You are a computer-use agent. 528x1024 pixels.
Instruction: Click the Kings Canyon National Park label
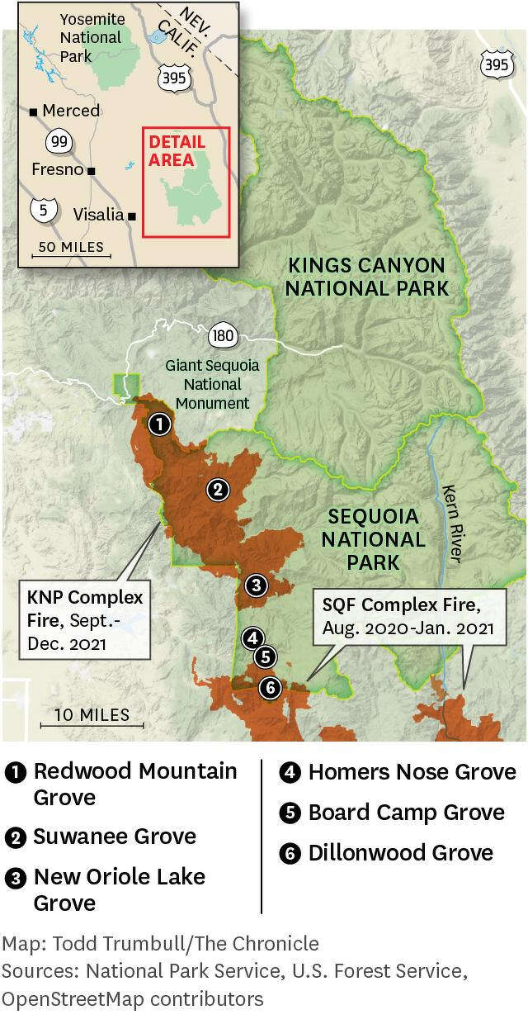[367, 277]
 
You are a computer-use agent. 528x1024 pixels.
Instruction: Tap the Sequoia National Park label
[373, 540]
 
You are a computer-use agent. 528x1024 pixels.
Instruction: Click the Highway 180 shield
[223, 335]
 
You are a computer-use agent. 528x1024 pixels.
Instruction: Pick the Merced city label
[70, 111]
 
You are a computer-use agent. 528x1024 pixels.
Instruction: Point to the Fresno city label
[57, 169]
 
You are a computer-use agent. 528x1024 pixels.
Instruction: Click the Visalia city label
[99, 215]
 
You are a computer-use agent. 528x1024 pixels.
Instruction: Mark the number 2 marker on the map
[217, 490]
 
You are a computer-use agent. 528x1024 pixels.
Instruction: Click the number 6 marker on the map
[269, 687]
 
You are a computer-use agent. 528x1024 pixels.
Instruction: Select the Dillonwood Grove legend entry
[400, 853]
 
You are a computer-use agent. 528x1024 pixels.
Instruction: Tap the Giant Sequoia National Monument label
[212, 384]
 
